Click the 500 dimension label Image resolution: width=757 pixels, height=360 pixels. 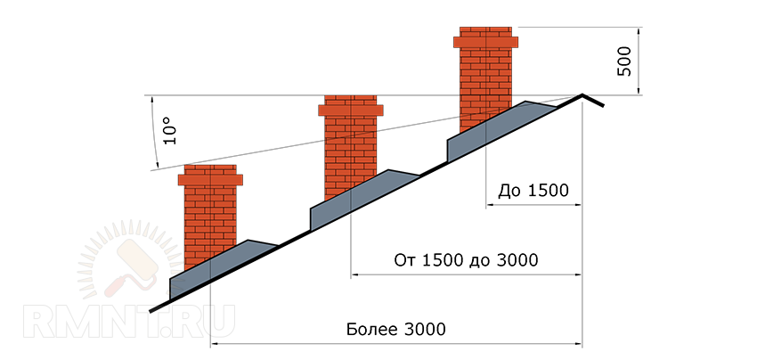[624, 61]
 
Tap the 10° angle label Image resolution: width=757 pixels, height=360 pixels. [169, 130]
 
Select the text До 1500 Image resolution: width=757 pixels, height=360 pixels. [533, 191]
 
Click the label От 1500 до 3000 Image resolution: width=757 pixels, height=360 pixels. [466, 260]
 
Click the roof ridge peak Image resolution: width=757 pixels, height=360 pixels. [582, 94]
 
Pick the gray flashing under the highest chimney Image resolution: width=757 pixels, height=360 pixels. [497, 129]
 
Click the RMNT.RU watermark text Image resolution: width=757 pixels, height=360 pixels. [129, 321]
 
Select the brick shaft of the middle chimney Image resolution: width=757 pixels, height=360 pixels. [351, 156]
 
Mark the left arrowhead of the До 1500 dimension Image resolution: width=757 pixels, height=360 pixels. [490, 205]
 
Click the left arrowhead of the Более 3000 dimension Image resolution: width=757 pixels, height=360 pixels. [215, 344]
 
